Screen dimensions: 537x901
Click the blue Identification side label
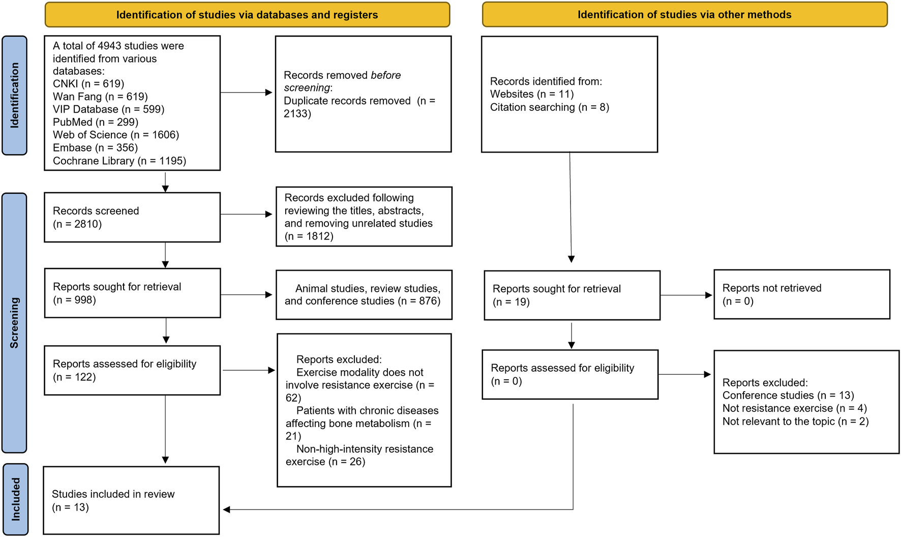pos(14,95)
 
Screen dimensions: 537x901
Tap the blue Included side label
pos(15,499)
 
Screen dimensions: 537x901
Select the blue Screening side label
pos(14,322)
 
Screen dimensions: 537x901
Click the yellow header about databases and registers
pos(247,15)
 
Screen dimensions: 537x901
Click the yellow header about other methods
pos(684,15)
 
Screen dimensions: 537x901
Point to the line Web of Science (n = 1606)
pos(116,135)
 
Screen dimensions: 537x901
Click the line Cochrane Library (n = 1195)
pos(119,161)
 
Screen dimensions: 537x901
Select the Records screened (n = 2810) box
pos(132,217)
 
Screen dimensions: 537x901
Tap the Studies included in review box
pos(131,500)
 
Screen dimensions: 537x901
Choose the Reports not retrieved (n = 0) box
pos(802,294)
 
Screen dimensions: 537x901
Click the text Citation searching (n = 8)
pos(549,107)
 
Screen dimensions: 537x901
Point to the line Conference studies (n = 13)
pos(788,395)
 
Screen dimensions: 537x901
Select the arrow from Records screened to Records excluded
pos(247,214)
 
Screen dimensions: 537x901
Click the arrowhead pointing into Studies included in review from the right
pos(227,509)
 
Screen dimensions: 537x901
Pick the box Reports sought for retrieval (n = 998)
pos(132,293)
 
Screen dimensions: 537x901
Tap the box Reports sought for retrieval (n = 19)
pos(572,295)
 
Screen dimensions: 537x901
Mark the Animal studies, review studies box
pos(364,294)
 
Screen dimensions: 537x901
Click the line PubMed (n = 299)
pos(96,122)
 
